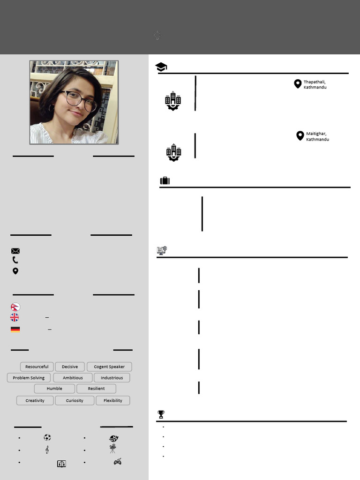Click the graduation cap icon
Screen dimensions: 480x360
[161, 67]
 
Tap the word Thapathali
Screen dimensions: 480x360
[314, 82]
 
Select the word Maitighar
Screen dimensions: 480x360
[316, 134]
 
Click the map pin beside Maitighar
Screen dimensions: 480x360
[300, 136]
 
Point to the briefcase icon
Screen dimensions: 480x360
[165, 181]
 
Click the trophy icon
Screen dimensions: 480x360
[161, 414]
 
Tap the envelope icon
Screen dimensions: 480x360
[15, 251]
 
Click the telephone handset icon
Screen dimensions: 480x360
[15, 260]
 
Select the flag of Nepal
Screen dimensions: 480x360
[15, 307]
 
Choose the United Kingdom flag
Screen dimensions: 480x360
[15, 317]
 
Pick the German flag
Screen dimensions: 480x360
[15, 329]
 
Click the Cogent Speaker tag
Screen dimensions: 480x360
[109, 367]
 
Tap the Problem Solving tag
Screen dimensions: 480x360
[29, 378]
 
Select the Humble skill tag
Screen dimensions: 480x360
[54, 389]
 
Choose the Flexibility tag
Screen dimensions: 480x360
[113, 401]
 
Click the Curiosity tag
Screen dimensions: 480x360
[75, 401]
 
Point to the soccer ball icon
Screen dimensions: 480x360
[47, 437]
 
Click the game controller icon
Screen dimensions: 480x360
[118, 462]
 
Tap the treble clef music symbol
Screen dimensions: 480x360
[47, 450]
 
